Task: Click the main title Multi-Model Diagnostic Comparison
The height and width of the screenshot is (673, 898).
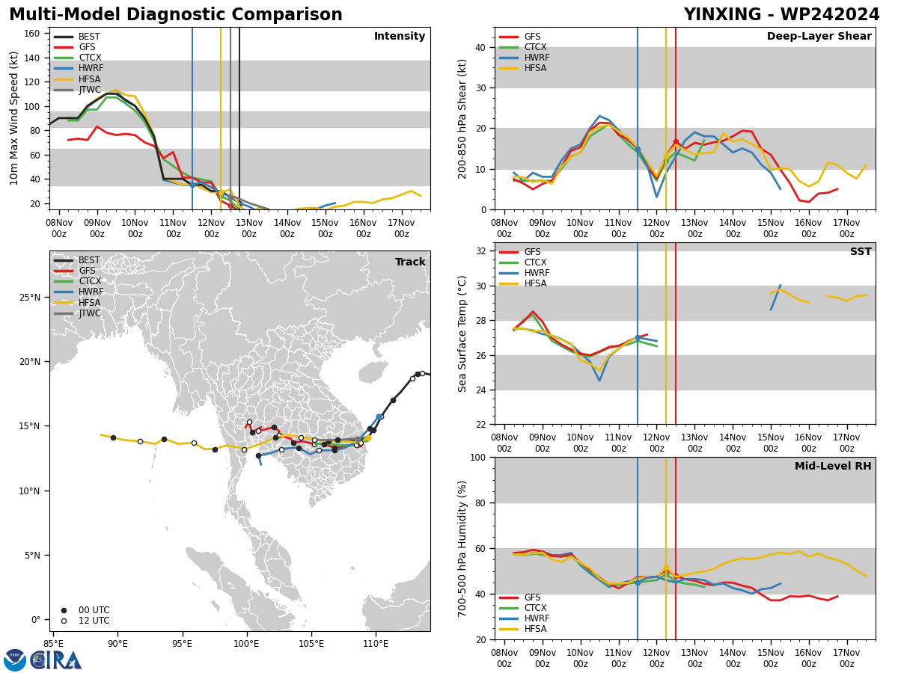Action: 176,14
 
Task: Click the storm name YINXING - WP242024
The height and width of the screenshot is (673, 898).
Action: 781,14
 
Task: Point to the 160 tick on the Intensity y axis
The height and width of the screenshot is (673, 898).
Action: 31,34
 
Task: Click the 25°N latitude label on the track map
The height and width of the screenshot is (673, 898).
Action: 30,298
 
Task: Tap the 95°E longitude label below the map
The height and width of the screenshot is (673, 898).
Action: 182,644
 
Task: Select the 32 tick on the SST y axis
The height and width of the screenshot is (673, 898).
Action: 481,251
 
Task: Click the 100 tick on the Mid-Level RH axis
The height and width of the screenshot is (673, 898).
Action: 478,457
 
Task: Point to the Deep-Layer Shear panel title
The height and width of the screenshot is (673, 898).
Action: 819,36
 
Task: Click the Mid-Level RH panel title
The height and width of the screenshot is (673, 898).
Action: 833,466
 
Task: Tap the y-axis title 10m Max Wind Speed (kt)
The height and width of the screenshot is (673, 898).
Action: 13,118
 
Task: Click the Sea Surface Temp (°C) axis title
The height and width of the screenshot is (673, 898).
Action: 462,334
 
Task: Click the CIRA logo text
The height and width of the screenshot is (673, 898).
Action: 56,661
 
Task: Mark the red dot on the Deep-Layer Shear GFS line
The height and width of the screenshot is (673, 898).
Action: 676,142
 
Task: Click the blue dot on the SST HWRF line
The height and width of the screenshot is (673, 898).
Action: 638,338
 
